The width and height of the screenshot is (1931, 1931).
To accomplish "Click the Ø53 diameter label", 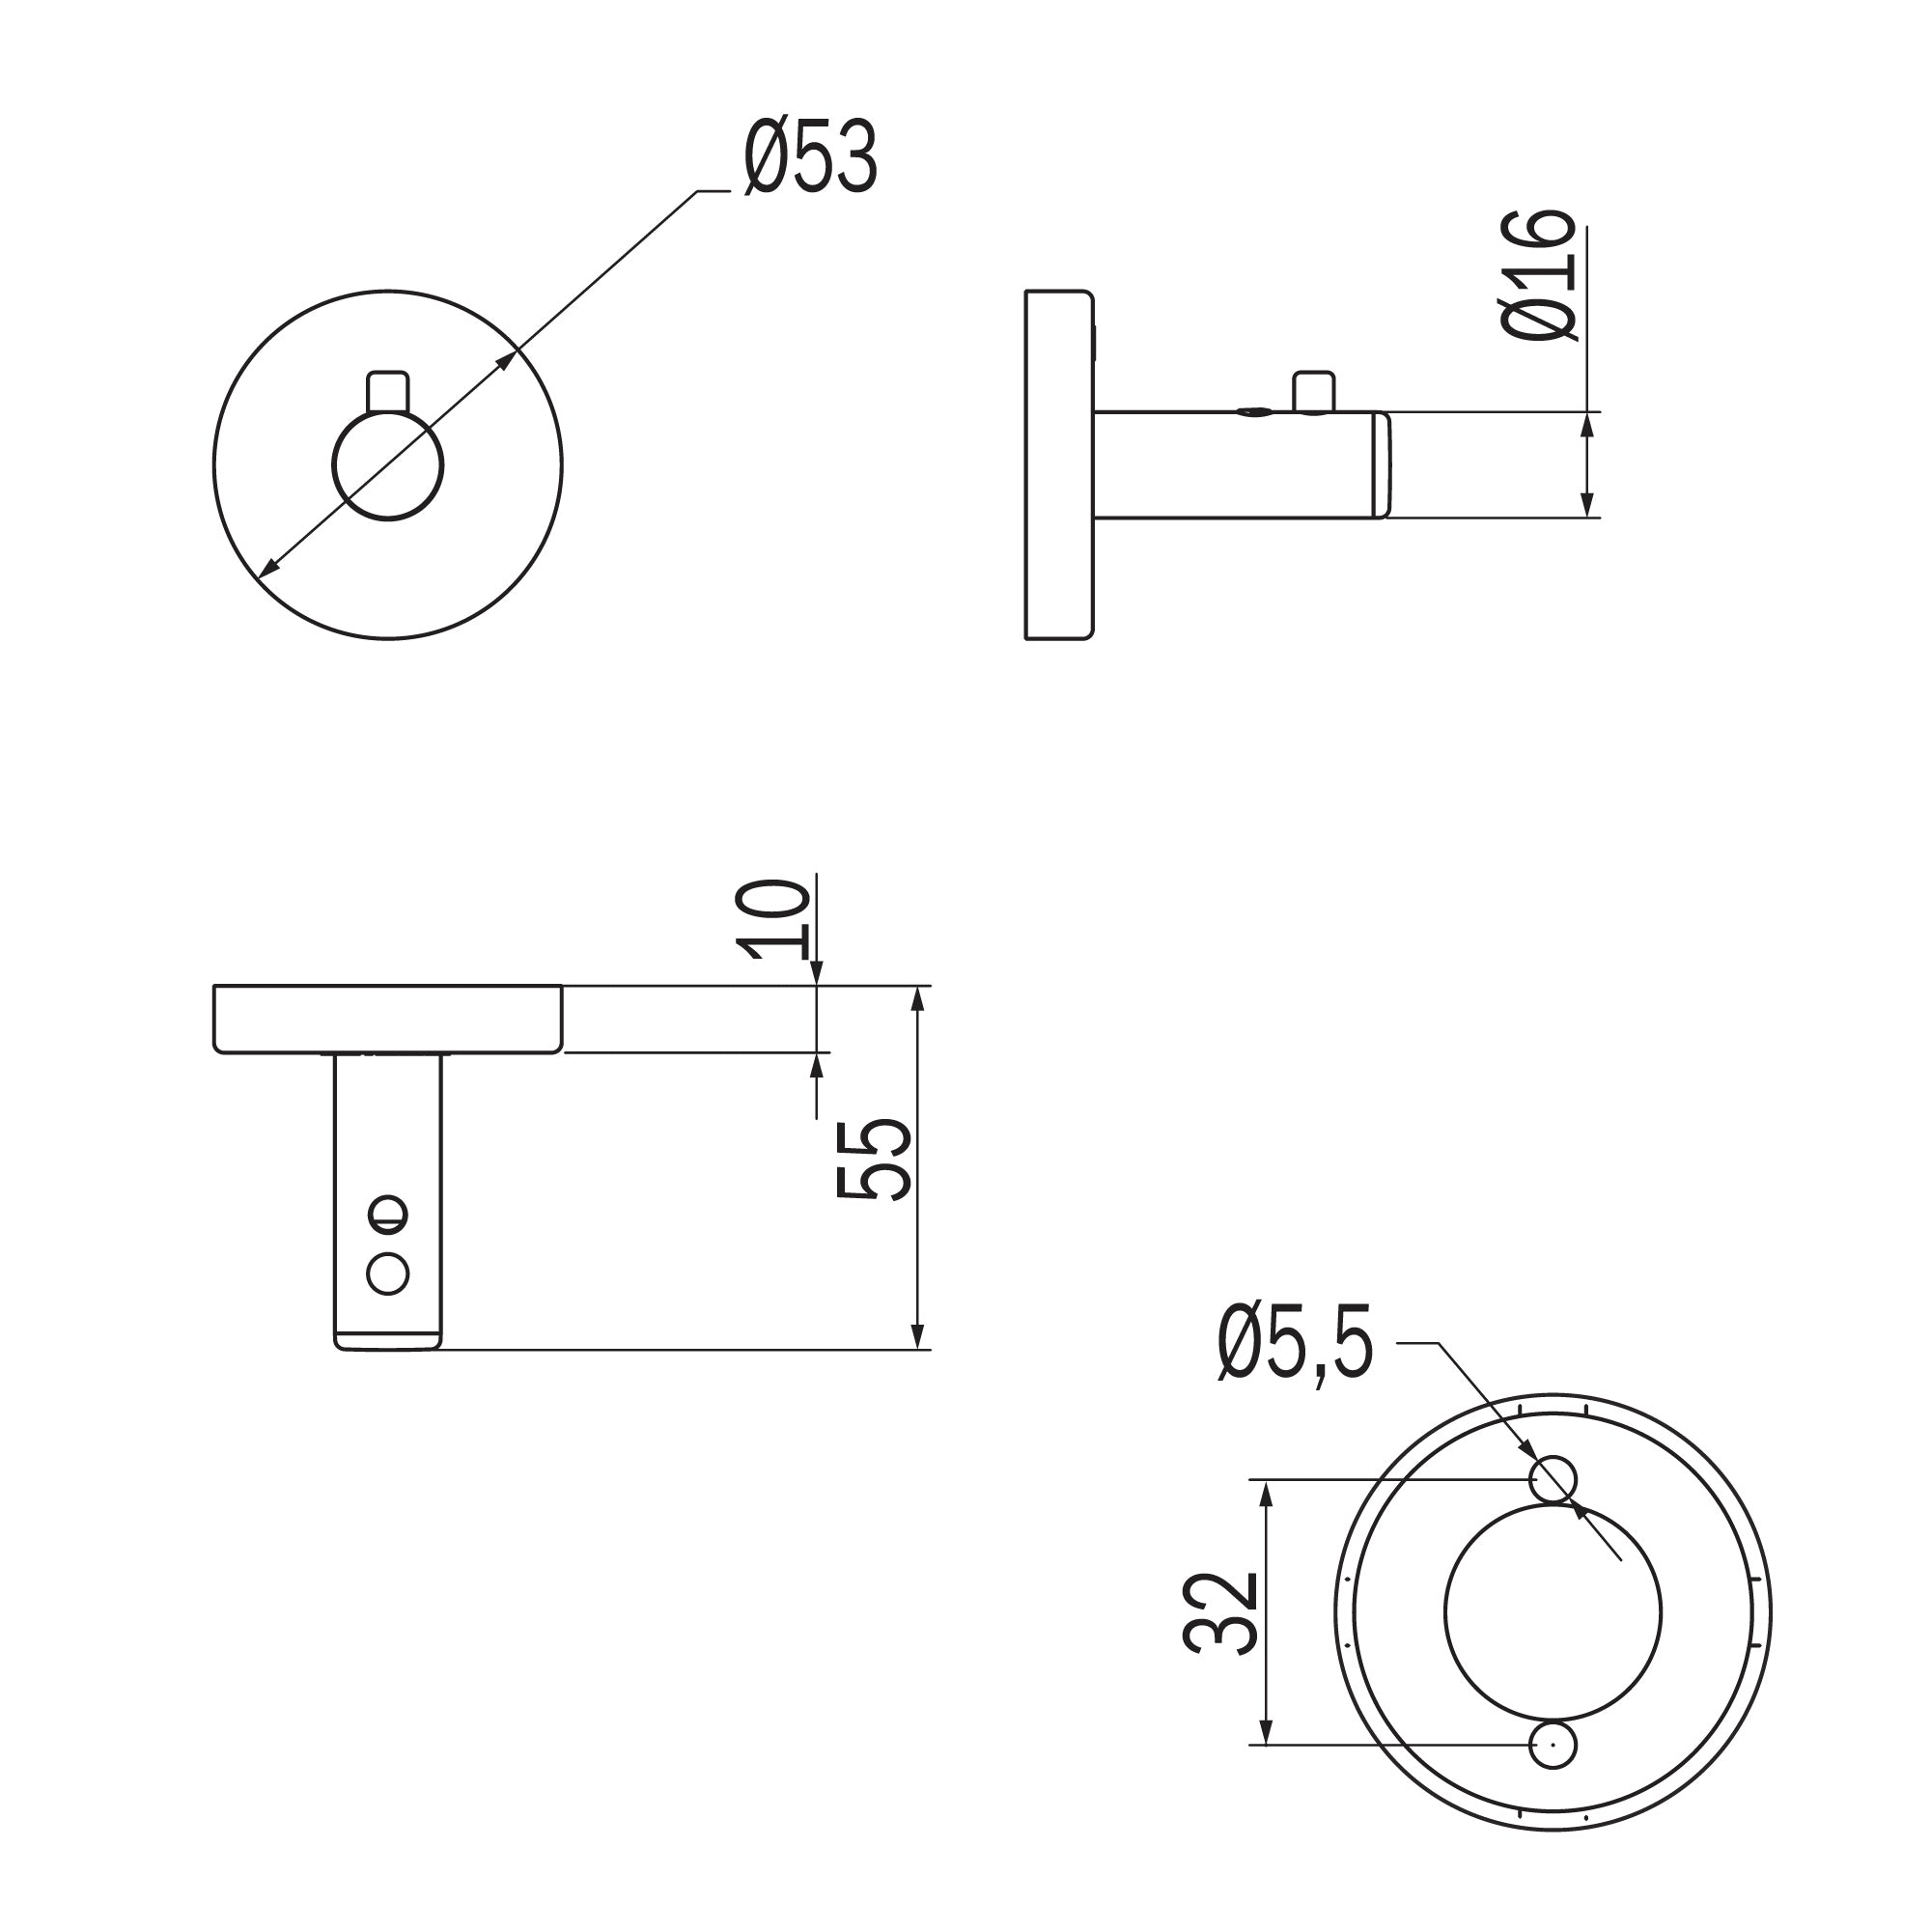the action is pyautogui.click(x=811, y=158).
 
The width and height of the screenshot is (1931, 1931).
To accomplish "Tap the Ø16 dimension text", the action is pyautogui.click(x=1538, y=276).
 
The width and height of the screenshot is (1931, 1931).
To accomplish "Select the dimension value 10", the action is pyautogui.click(x=771, y=919).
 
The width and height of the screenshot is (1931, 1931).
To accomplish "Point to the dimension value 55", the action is pyautogui.click(x=873, y=1160).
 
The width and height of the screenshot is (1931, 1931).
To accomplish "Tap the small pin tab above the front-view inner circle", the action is pyautogui.click(x=388, y=392).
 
